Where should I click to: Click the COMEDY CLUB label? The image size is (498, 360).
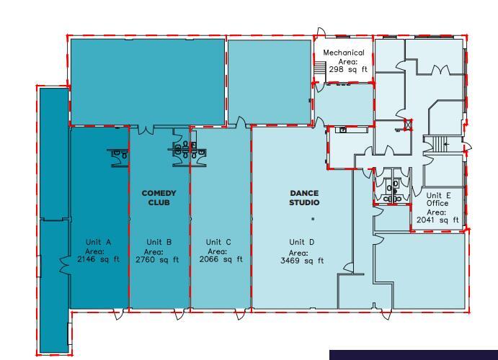159,198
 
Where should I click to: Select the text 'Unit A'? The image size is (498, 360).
99,242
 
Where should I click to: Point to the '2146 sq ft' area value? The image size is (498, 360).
99,259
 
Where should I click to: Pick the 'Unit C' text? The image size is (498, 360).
218,242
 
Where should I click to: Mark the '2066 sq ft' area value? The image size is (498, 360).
221,259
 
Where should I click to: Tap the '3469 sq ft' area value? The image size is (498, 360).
301,261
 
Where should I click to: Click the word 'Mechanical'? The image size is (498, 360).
343,53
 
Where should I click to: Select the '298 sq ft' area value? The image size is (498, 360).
348,70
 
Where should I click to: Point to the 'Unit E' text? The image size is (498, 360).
437,195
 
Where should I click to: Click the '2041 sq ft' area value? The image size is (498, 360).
437,220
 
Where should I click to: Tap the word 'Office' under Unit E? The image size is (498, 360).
437,204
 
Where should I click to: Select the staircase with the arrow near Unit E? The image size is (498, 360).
436,143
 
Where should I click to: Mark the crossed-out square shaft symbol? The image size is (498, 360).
409,124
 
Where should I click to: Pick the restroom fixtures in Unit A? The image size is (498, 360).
117,153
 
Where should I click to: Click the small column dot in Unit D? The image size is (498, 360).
313,218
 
